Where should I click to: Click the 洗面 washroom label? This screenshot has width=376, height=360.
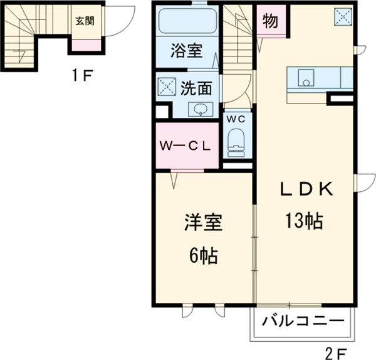point(196,88)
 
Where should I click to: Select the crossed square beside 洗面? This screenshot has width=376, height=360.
point(168,87)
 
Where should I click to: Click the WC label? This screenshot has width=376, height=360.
point(235,119)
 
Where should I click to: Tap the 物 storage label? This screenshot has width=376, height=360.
point(271,20)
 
